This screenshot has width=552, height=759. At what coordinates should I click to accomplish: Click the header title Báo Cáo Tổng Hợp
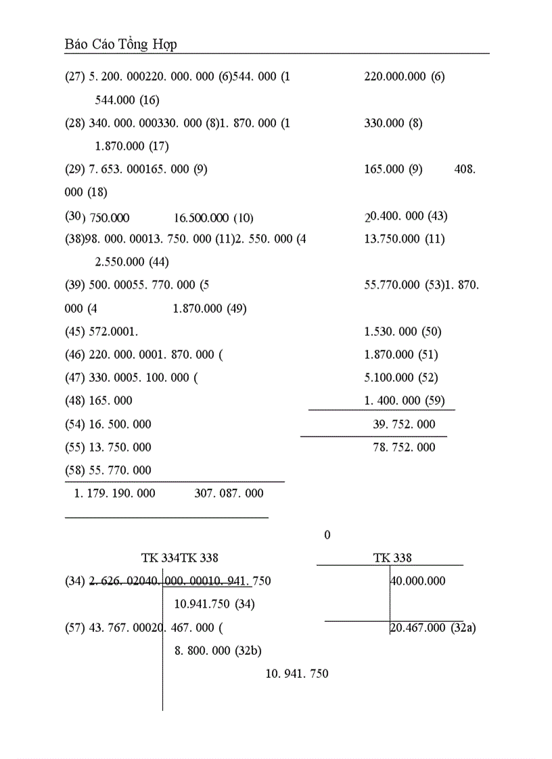[x=120, y=44]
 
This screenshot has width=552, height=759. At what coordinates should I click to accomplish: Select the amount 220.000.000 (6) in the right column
[x=404, y=76]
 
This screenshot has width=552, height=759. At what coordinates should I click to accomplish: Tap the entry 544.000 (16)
[x=127, y=100]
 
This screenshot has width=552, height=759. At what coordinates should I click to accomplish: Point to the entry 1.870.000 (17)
[x=132, y=146]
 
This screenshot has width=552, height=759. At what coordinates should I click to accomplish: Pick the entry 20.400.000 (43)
[x=406, y=216]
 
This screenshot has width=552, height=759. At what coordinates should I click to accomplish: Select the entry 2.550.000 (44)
[x=132, y=262]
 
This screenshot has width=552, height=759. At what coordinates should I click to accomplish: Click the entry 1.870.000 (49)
[x=210, y=309]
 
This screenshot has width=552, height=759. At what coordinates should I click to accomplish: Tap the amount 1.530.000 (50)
[x=402, y=332]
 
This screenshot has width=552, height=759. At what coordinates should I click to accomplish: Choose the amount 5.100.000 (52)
[x=401, y=377]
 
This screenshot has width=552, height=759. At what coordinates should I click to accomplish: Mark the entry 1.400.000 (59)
[x=405, y=400]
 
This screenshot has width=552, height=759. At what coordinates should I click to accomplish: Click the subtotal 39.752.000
[x=404, y=424]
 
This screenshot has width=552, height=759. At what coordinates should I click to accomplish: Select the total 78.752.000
[x=404, y=447]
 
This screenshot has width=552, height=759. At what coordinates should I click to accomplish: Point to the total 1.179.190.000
[x=114, y=493]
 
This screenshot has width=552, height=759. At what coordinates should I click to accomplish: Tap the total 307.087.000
[x=229, y=493]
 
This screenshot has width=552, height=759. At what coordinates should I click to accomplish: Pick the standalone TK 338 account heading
[x=392, y=558]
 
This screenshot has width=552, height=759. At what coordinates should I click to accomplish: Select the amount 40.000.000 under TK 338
[x=418, y=581]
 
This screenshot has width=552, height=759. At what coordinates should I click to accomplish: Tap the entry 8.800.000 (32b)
[x=218, y=651]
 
